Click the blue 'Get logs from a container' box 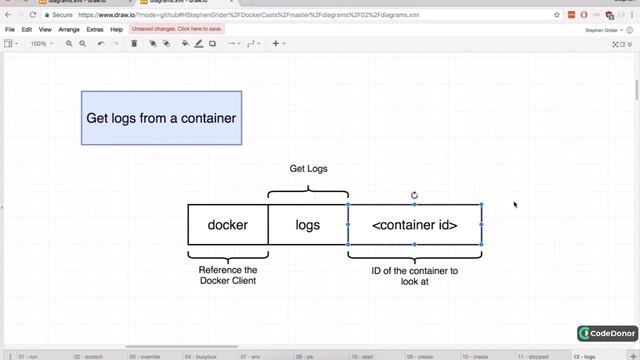pos(161,118)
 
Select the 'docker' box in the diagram pos(228,225)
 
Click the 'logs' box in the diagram pos(308,225)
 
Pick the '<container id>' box pos(414,225)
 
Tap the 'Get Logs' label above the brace pos(308,168)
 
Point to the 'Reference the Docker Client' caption pos(228,275)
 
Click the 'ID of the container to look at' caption pos(414,276)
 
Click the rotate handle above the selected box pos(414,195)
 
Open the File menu pos(10,30)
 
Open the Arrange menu pos(69,30)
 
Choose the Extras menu pos(95,30)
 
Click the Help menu pos(117,30)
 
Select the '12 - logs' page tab pos(585,355)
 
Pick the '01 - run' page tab pos(28,355)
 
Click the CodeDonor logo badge pos(607,333)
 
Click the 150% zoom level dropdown pos(39,44)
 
